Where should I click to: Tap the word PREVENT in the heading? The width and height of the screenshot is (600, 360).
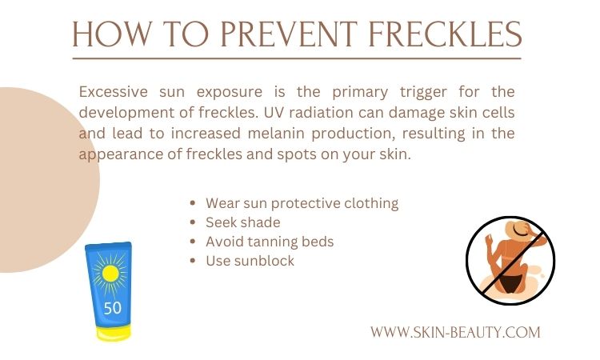[x=289, y=34]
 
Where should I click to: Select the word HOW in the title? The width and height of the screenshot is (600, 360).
[x=112, y=34]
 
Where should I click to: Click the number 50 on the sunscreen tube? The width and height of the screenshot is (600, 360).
[x=113, y=308]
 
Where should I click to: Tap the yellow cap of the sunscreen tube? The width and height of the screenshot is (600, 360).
[x=114, y=334]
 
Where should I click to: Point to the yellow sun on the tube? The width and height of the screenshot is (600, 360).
[x=110, y=274]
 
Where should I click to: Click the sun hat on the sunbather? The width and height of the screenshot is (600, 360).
[x=520, y=230]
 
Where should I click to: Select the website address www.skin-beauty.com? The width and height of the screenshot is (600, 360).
[x=455, y=332]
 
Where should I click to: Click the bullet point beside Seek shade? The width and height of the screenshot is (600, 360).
[x=193, y=222]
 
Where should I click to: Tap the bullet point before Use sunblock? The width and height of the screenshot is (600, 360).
[x=193, y=261]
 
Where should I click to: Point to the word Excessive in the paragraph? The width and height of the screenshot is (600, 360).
[x=114, y=92]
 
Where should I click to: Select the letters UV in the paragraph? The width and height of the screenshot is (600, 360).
[x=274, y=113]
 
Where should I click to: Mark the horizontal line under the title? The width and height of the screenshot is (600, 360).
[x=297, y=58]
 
